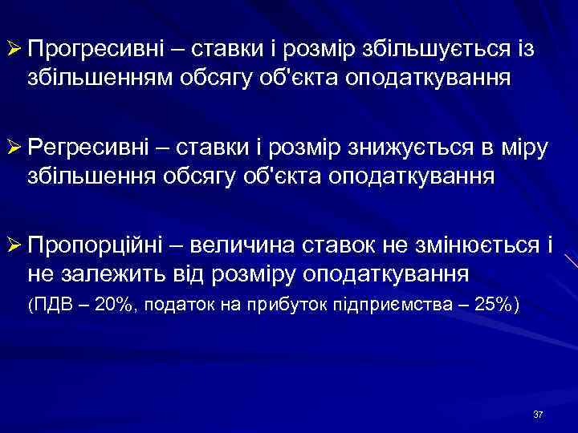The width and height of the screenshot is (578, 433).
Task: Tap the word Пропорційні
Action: pyautogui.click(x=91, y=244)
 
